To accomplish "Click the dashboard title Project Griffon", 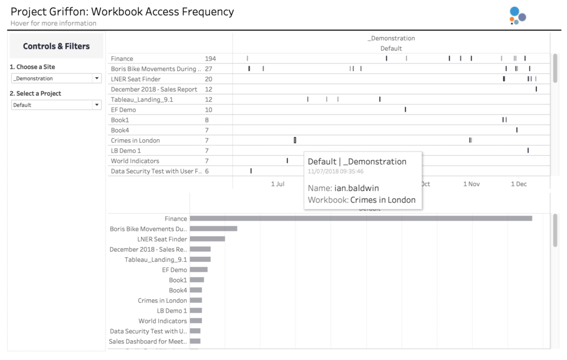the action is click(49, 11).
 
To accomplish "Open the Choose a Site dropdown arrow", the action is click(97, 78).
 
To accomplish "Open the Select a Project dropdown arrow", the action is click(97, 105).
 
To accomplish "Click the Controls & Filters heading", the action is click(56, 46).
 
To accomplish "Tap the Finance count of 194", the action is click(210, 58).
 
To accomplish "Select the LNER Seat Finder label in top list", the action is click(136, 79).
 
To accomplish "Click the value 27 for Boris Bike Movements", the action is click(209, 69).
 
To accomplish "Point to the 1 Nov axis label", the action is click(472, 184).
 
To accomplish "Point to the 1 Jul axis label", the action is click(278, 184).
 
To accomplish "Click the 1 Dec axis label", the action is click(519, 184).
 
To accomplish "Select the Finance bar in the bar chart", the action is click(361, 218).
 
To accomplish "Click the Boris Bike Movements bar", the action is click(213, 228).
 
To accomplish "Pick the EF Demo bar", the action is click(198, 269).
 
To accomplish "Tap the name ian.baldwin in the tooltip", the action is click(357, 188).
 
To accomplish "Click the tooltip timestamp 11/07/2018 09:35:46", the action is click(336, 171).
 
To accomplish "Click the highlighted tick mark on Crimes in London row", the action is click(295, 140).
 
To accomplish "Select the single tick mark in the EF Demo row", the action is click(405, 109).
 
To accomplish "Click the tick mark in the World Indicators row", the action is click(287, 160).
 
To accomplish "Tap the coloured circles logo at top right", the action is click(518, 15).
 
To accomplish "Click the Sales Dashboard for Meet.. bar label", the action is click(148, 341).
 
